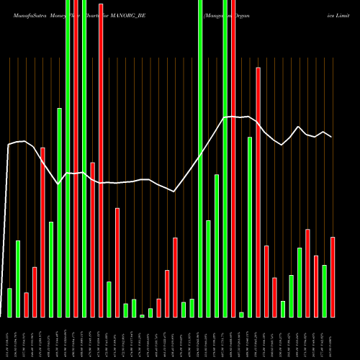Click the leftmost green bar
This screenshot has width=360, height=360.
click(9, 302)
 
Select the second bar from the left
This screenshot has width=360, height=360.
click(18, 279)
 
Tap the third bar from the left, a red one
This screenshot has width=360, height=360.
click(26, 305)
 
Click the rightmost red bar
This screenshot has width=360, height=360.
click(333, 276)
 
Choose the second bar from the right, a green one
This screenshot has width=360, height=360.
click(324, 291)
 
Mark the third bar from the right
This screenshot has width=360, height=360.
click(316, 286)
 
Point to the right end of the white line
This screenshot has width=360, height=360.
click(332, 136)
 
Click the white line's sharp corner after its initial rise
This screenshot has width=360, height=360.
click(9, 145)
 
